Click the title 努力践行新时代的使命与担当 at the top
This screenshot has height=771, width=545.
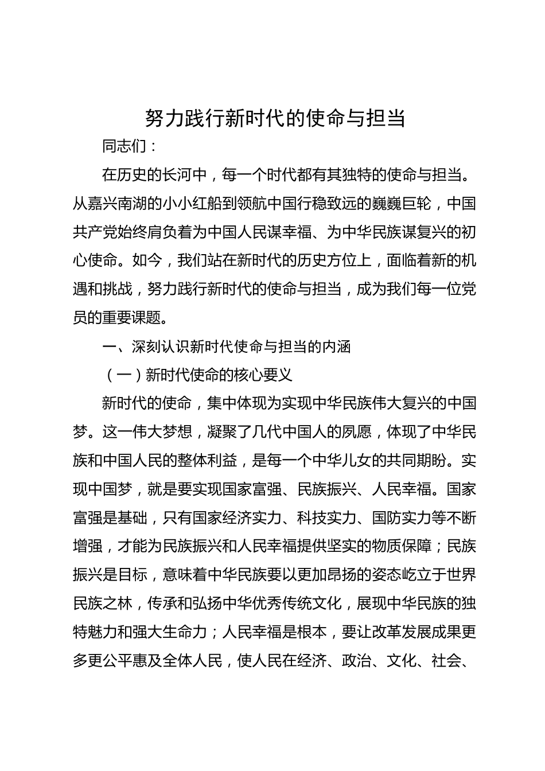click(x=275, y=118)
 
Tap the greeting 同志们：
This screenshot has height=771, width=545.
click(x=129, y=146)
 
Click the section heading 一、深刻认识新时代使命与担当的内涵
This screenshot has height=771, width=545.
click(x=225, y=346)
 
